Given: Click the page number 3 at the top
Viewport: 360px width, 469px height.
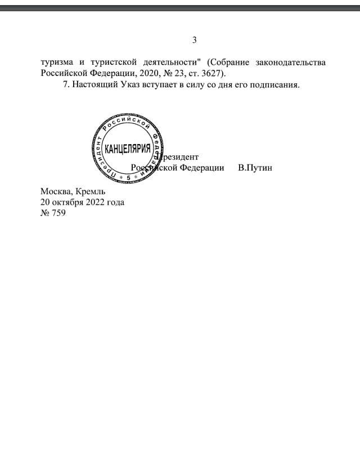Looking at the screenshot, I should (x=194, y=40).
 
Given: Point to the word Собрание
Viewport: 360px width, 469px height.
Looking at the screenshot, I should (x=225, y=61).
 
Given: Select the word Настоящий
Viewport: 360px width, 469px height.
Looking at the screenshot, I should (x=93, y=85).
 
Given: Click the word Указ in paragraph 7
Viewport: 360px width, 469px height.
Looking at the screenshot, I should (x=130, y=85).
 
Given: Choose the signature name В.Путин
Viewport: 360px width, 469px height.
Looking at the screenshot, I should (x=255, y=168).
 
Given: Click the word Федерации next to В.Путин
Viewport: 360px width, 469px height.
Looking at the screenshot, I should (x=202, y=168).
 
